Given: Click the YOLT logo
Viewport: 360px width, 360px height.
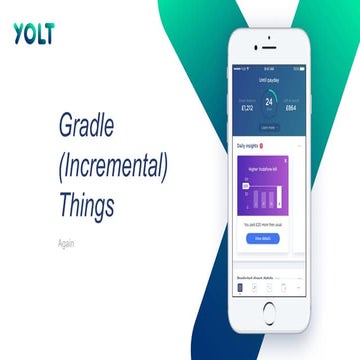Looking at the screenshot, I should tap(34, 33).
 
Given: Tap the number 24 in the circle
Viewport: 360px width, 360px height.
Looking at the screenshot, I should tap(269, 101).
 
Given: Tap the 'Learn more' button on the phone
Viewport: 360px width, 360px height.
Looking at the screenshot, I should tap(269, 127).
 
